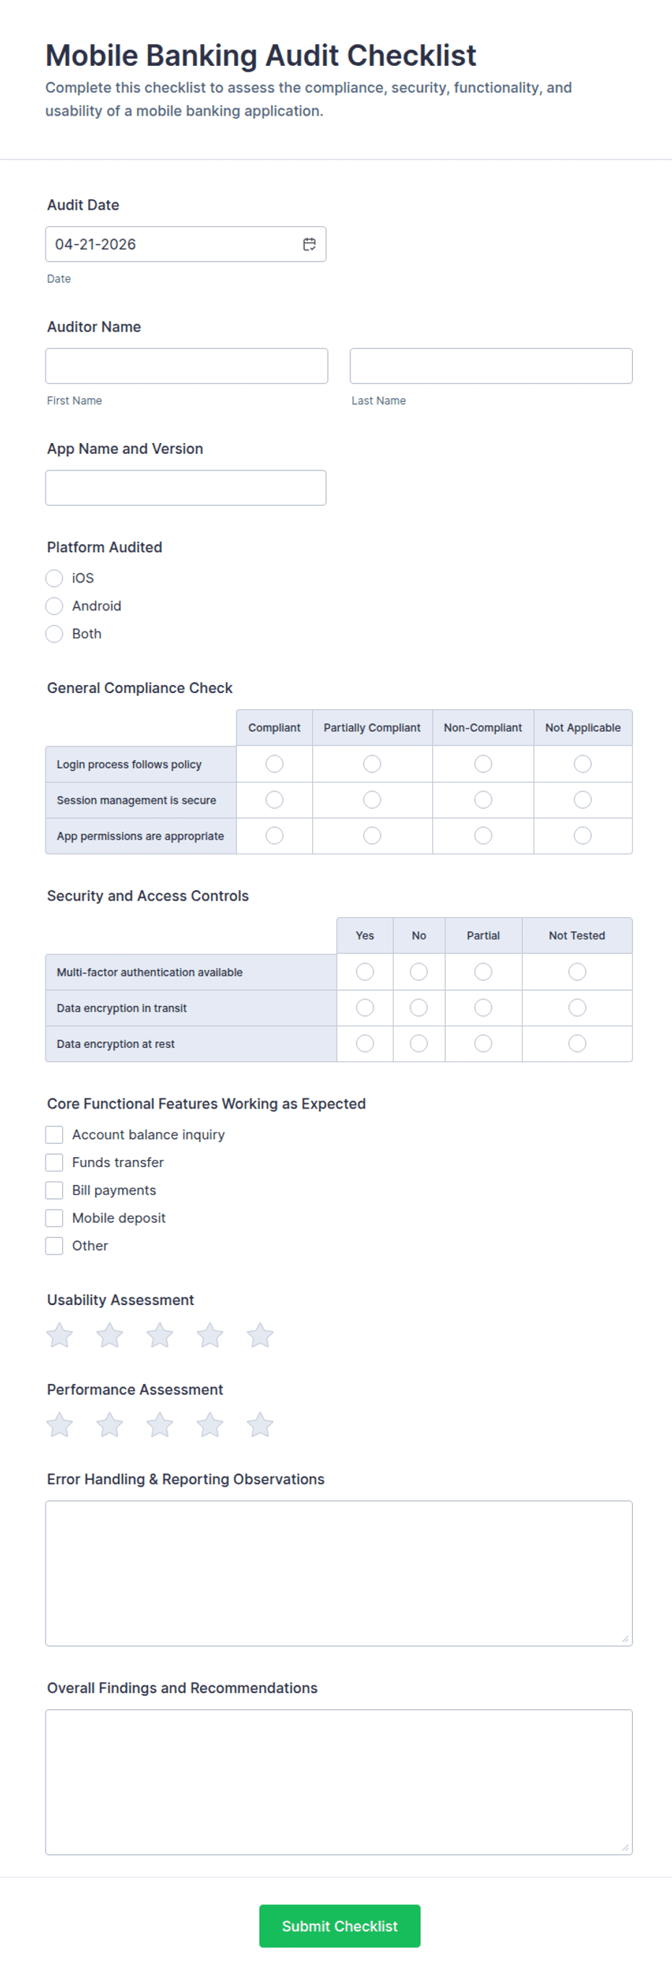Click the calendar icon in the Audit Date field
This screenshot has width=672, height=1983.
(309, 244)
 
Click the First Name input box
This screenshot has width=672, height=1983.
(186, 366)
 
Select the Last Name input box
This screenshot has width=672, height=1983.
(491, 366)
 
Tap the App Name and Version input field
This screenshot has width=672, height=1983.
(186, 487)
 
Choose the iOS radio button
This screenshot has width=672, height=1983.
(54, 578)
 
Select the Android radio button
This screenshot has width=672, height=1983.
(54, 606)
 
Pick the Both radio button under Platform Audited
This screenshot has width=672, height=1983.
(54, 634)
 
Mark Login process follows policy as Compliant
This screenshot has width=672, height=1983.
(274, 764)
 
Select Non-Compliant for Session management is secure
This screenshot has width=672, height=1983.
(483, 800)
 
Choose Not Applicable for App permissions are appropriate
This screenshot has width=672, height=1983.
(582, 835)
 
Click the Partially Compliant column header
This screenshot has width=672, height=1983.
(372, 728)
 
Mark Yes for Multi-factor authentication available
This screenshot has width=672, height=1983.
(365, 971)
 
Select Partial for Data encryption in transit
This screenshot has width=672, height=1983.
(483, 1007)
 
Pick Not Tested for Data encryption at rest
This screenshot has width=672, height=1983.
(577, 1043)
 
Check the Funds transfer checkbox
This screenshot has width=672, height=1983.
(54, 1162)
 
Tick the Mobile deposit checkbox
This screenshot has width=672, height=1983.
(54, 1218)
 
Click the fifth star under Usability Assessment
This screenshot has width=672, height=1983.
(260, 1335)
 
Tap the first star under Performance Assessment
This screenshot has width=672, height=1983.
(59, 1425)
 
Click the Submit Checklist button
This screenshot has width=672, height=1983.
(340, 1925)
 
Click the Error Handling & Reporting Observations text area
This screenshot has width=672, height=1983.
(339, 1573)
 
